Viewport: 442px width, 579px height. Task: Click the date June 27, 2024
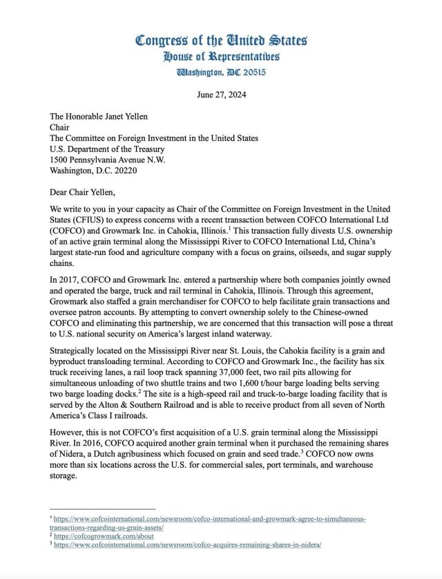221,95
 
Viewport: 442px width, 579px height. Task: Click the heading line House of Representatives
221,56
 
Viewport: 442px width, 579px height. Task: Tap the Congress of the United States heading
221,39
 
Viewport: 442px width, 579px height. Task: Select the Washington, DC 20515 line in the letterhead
221,72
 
